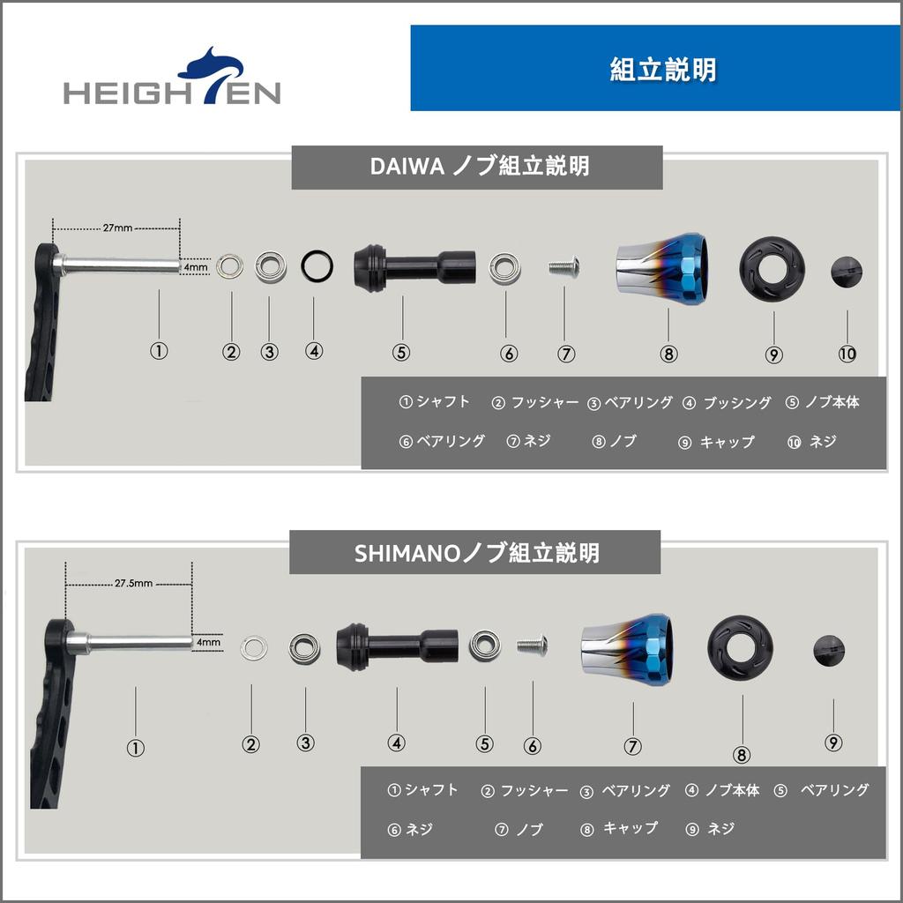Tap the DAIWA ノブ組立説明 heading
477,167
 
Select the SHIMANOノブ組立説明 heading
476,553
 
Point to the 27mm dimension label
117,228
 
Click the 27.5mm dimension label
133,583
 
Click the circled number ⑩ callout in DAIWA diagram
847,354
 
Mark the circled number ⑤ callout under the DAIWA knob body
401,352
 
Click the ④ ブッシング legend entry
727,403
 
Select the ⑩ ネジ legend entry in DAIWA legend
811,442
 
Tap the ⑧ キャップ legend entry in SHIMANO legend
619,829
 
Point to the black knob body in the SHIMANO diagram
397,646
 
